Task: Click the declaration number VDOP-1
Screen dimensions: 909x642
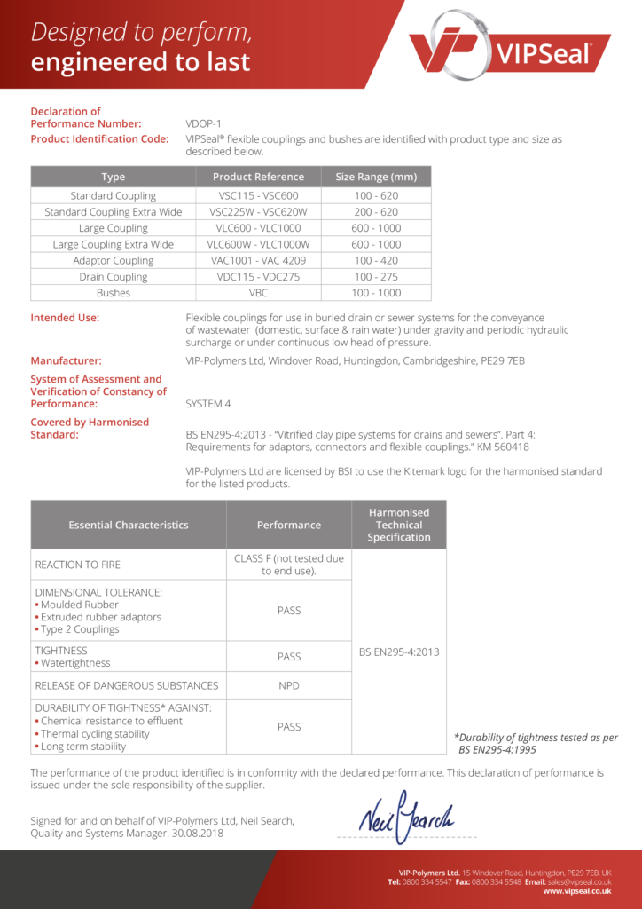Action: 203,124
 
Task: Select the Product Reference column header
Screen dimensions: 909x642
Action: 258,177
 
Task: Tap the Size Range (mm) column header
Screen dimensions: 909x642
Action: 376,177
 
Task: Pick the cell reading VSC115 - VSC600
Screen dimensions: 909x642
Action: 258,196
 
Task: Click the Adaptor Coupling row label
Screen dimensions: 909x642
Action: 114,261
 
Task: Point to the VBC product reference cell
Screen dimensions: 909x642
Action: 258,293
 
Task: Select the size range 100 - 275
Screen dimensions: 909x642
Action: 376,277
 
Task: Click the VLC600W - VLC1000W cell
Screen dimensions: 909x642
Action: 258,244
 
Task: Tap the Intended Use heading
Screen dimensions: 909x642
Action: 65,318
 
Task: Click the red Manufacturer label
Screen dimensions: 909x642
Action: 66,361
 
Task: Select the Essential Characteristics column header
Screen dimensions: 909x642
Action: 129,525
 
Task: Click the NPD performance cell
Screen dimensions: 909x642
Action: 289,685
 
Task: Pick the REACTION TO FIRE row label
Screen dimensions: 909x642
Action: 78,565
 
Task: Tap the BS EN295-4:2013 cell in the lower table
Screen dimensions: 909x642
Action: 399,652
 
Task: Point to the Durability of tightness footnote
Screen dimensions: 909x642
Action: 536,743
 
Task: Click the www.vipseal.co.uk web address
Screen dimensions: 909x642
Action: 577,890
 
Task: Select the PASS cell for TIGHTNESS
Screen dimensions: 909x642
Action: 289,657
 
